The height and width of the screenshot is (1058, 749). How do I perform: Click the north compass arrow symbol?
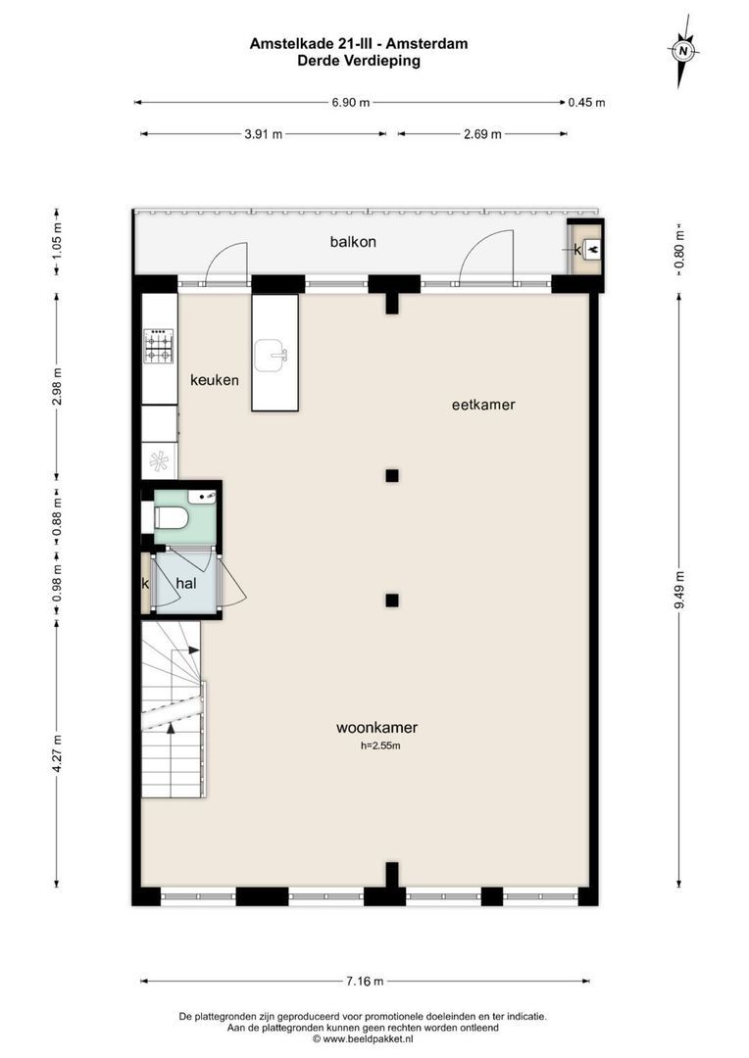click(x=683, y=50)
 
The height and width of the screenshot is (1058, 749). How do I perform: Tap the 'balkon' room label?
click(x=353, y=241)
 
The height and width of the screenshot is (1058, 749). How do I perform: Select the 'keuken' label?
click(x=215, y=380)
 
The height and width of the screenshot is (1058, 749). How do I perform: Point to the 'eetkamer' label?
click(x=483, y=404)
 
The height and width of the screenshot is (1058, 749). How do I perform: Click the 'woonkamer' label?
click(x=376, y=727)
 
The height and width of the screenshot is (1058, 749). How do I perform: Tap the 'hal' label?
click(x=186, y=583)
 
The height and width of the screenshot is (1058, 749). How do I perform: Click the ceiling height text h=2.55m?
click(x=380, y=746)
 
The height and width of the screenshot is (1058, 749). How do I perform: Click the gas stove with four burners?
click(x=160, y=344)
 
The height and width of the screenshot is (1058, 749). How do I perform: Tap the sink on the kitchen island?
click(x=271, y=356)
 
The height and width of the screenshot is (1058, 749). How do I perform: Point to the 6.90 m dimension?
click(x=351, y=102)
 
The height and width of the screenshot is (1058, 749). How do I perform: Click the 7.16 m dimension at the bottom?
click(x=364, y=981)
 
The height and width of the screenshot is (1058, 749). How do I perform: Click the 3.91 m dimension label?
click(x=264, y=134)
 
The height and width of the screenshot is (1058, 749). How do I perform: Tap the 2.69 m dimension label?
click(x=482, y=134)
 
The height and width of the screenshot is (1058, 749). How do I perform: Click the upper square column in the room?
click(x=392, y=476)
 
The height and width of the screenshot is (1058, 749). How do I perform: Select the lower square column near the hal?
click(x=392, y=601)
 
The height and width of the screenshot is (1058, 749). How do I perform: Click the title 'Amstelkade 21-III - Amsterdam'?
click(x=359, y=43)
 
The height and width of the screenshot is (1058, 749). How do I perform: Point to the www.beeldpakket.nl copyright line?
click(x=363, y=1038)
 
